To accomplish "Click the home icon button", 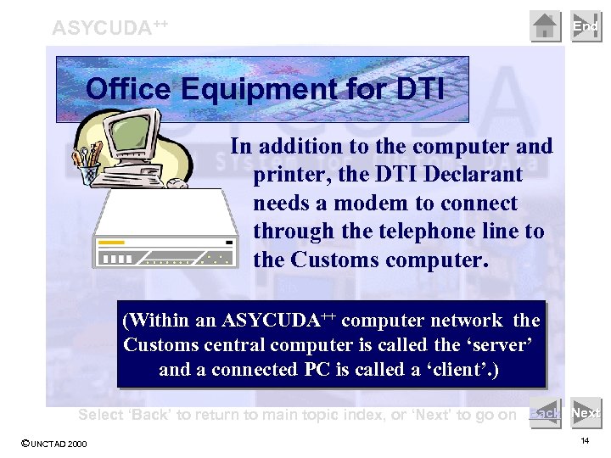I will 546,26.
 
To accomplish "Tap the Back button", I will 544,413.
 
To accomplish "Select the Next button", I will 586,413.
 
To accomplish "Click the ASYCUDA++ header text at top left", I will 109,27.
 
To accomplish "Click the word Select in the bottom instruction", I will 102,415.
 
